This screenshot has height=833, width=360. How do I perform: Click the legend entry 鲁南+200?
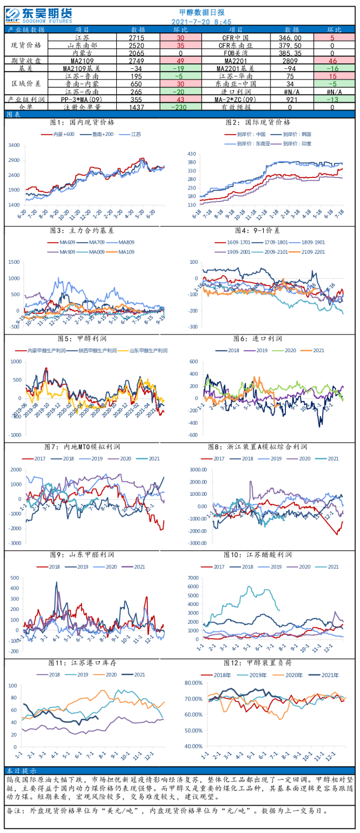[100, 134]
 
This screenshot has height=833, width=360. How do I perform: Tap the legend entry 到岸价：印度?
[299, 143]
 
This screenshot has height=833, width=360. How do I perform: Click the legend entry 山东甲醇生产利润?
[147, 351]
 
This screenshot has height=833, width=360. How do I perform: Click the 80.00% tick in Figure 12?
[193, 683]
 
